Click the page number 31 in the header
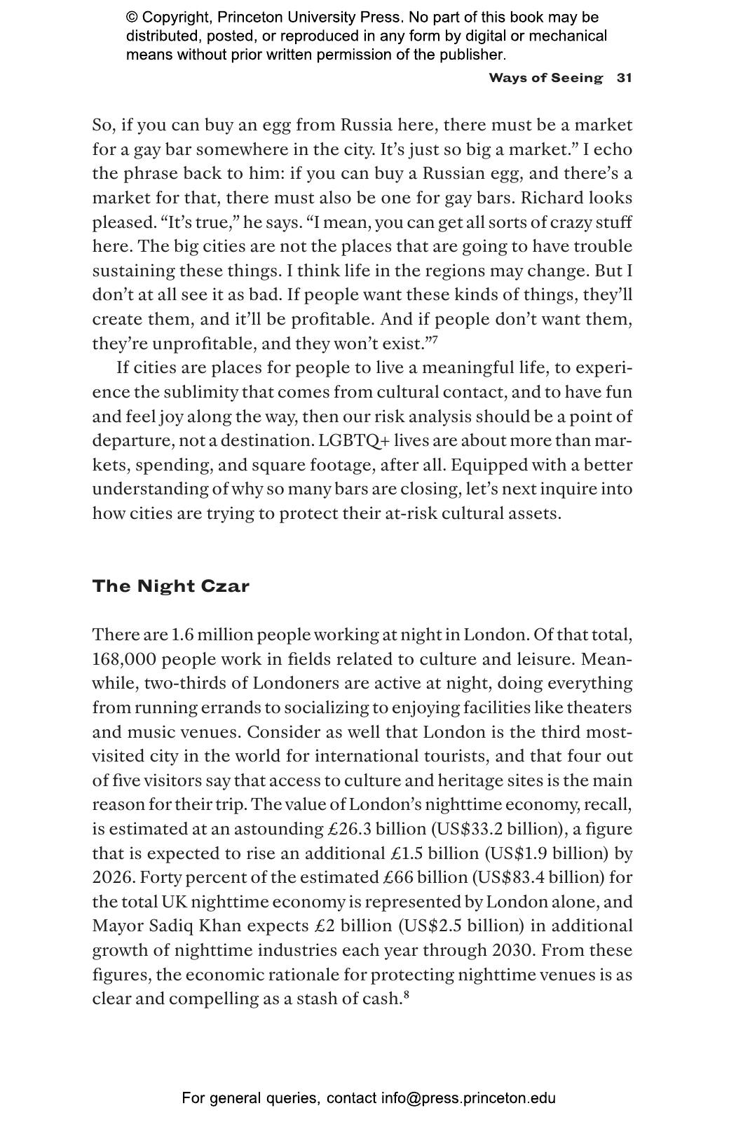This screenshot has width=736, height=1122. [624, 78]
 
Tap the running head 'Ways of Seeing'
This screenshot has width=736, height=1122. [545, 78]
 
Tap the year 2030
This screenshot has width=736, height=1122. [514, 950]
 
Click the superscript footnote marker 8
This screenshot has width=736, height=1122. [407, 994]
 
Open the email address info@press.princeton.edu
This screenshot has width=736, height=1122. [468, 1098]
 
